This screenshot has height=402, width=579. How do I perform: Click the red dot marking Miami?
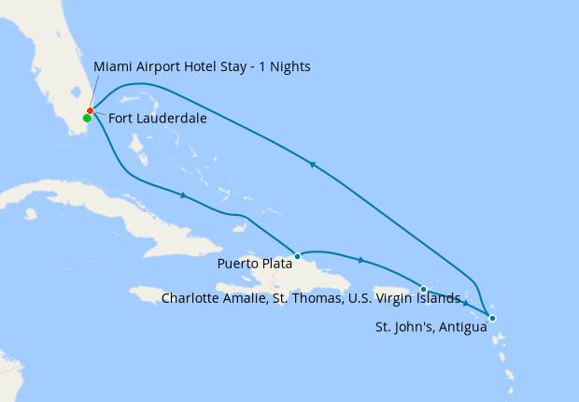90,111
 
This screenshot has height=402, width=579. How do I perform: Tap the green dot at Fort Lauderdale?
87,119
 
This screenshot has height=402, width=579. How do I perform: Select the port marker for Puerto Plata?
297,255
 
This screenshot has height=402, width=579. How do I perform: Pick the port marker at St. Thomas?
423,289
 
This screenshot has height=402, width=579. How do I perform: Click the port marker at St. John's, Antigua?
492,319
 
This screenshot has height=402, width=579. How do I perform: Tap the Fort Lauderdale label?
158,119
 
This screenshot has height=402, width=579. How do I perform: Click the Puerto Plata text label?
254,264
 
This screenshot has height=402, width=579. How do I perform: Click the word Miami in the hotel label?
112,67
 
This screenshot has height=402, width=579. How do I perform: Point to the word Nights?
289,67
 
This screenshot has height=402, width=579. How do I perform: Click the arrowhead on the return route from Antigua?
313,165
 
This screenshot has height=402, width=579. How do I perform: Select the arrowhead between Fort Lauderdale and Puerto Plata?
184,195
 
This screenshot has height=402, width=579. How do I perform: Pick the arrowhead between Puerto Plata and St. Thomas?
360,260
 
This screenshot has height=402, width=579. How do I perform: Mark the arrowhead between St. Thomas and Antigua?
465,304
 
